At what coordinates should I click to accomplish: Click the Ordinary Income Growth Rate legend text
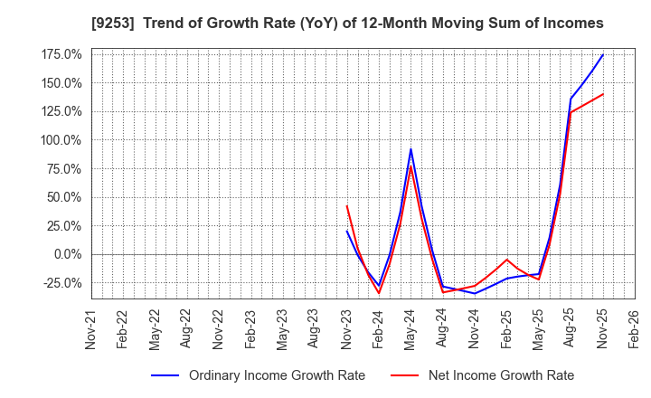[277, 375]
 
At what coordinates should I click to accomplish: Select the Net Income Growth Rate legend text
[502, 375]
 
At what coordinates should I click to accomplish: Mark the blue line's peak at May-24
[410, 149]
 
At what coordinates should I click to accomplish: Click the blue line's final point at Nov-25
[603, 54]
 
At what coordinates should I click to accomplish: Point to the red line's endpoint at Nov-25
[603, 94]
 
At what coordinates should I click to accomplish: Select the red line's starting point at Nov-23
[347, 206]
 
